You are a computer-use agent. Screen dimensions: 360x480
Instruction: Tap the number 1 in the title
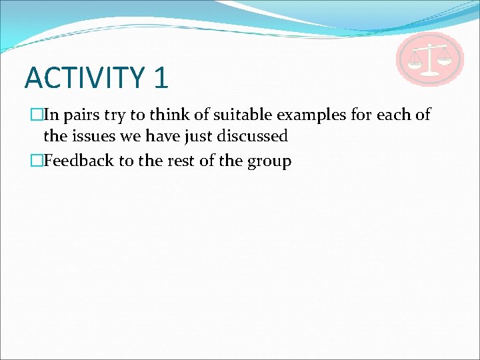(161, 77)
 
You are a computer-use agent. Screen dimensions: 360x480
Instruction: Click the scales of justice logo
(430, 59)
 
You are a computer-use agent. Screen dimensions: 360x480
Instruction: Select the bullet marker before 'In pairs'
(37, 115)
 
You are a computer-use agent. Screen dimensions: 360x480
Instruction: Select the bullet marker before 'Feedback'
(37, 161)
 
